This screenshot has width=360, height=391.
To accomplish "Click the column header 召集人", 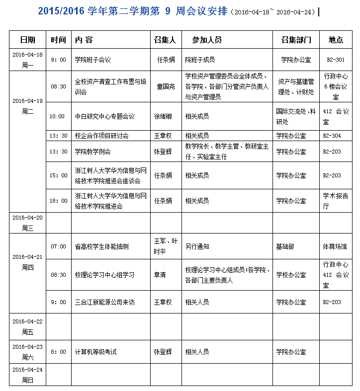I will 165,40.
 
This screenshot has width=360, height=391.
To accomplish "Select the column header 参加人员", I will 207,40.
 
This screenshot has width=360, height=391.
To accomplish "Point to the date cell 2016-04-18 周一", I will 27,60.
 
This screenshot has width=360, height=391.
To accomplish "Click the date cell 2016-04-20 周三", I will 27,223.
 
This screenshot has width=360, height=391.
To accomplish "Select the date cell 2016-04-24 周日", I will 27,375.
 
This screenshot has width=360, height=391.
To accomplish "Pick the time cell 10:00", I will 57,116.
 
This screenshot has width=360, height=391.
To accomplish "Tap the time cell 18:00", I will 58,201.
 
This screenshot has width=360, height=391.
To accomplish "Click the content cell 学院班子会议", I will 92,60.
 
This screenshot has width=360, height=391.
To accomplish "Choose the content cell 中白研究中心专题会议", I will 104,116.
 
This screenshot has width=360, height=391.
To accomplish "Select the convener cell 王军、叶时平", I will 166,246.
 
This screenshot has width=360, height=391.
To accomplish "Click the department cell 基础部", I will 285,246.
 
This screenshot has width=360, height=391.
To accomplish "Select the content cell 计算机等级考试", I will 95,352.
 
